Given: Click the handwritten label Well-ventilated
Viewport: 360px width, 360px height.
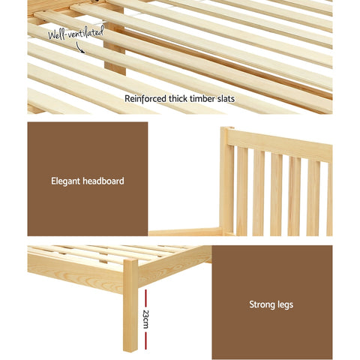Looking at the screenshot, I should tap(74, 32).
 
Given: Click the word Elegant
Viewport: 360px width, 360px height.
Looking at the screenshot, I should tap(66, 181).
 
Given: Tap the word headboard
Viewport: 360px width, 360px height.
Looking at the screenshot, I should tap(103, 181).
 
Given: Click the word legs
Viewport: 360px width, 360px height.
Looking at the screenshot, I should tap(285, 304).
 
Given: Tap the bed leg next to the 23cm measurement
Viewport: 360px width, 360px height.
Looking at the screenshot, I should tap(130, 307).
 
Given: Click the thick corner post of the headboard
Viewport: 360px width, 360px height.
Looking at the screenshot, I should tap(226, 180).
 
